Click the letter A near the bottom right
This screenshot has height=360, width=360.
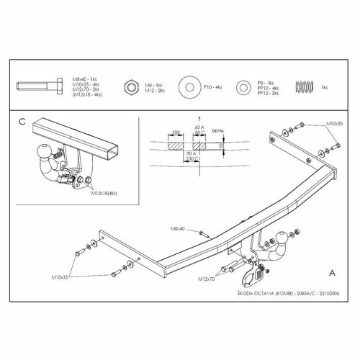(331, 273)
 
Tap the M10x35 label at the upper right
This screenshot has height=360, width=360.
(334, 124)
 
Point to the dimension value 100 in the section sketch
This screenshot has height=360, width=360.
(173, 132)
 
